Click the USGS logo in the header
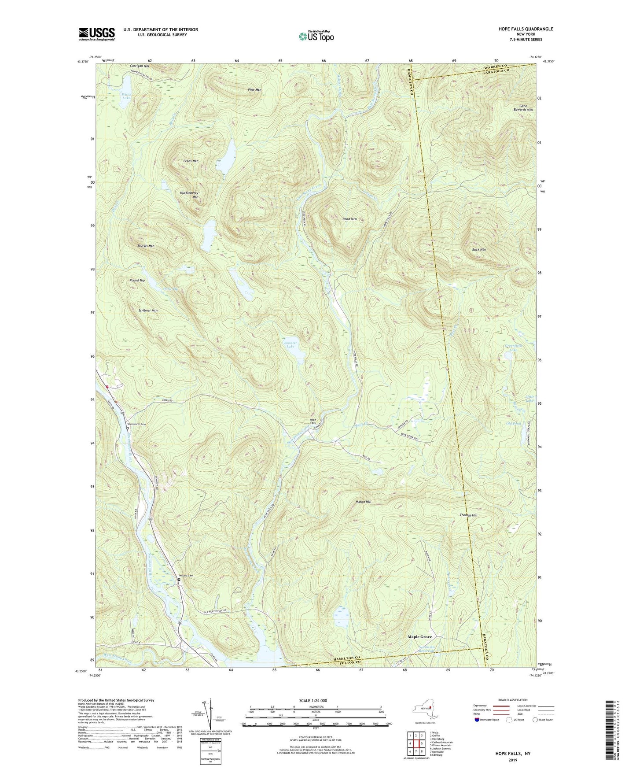[x=97, y=34]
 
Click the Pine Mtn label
[x=254, y=90]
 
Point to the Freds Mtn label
[x=191, y=161]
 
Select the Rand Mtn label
[x=349, y=219]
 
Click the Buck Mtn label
[x=478, y=250]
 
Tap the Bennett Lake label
[x=290, y=344]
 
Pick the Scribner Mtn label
[x=147, y=311]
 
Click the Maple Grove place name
[x=419, y=637]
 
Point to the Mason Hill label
[x=363, y=502]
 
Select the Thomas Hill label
[x=468, y=515]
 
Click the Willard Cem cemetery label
[x=186, y=575]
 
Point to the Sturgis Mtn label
[x=146, y=246]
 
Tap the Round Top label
[x=137, y=281]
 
